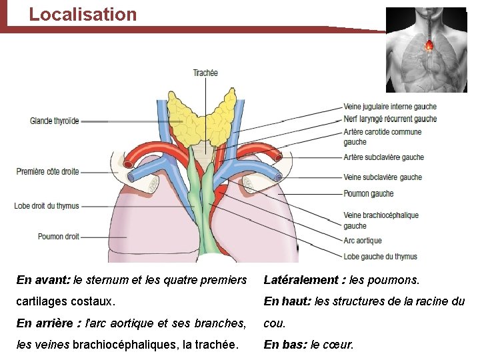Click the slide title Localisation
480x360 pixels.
(83, 15)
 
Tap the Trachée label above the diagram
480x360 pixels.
(205, 73)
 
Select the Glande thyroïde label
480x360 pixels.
(55, 121)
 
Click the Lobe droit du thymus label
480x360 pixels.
(47, 206)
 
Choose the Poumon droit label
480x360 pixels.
(59, 237)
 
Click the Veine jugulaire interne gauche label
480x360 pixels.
(390, 107)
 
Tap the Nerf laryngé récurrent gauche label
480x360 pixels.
(390, 119)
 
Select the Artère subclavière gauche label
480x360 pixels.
(383, 157)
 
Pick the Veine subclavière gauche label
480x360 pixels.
(383, 177)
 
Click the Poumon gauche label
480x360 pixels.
(369, 194)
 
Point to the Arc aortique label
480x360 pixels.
(363, 241)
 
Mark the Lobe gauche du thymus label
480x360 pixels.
(380, 257)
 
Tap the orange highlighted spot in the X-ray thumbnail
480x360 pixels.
(429, 45)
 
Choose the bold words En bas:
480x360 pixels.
(285, 345)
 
